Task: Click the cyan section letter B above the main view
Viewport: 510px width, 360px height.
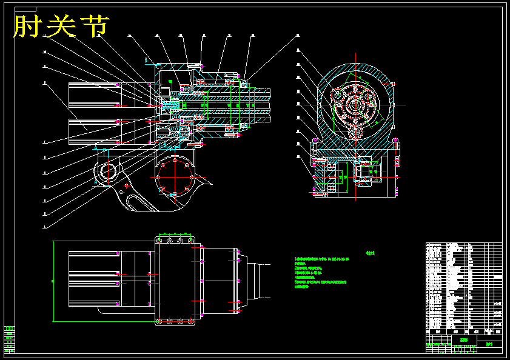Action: pyautogui.click(x=146, y=59)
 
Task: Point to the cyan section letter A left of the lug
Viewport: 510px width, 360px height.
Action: pyautogui.click(x=95, y=148)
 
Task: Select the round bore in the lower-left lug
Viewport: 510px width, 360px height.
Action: pyautogui.click(x=109, y=171)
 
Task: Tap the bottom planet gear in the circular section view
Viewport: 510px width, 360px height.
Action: pyautogui.click(x=356, y=132)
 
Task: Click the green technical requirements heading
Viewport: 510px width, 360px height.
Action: pyautogui.click(x=371, y=254)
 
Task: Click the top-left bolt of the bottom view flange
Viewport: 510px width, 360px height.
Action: pyautogui.click(x=160, y=242)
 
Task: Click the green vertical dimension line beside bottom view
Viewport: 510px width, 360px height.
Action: pyautogui.click(x=54, y=281)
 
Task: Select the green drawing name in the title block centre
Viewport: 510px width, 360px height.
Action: pyautogui.click(x=464, y=340)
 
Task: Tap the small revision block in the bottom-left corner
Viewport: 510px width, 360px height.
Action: pyautogui.click(x=10, y=339)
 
